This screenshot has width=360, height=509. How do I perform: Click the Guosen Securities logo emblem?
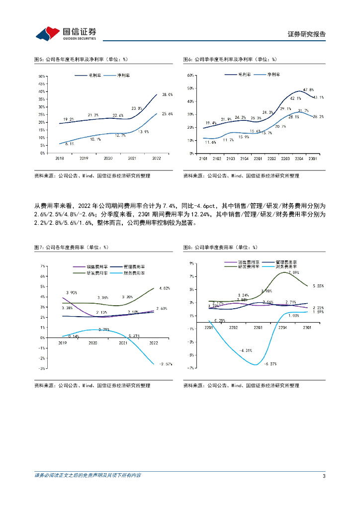[48, 33]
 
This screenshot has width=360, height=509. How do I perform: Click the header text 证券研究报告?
[307, 34]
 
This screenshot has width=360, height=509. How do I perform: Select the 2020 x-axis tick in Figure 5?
[109, 158]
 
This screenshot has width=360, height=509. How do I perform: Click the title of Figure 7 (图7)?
[71, 247]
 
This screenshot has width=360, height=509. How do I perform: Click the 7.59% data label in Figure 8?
[293, 272]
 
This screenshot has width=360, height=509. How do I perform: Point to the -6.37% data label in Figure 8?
[270, 364]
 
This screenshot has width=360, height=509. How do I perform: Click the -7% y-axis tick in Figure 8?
[190, 368]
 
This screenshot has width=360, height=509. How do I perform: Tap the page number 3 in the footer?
[324, 476]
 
